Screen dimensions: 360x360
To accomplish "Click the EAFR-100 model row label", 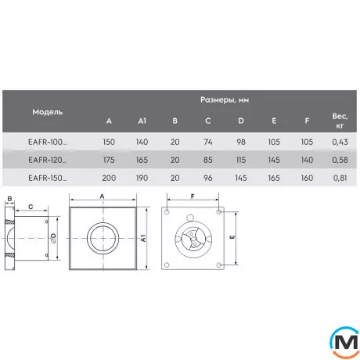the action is coord(48,142).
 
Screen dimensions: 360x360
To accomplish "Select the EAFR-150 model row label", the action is coord(48,178).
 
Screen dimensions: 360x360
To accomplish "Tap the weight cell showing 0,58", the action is coord(340,160).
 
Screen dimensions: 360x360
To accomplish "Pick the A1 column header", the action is coord(142,121).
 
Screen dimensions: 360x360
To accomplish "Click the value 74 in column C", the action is coord(208,142).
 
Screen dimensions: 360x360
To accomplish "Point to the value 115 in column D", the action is coord(241,160).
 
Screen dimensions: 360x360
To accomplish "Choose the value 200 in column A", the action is coord(109,178).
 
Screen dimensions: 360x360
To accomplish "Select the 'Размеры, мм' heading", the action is coord(225,100).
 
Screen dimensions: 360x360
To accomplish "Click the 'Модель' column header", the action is coord(48,112).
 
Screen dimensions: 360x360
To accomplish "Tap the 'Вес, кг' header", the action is coord(340,121).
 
